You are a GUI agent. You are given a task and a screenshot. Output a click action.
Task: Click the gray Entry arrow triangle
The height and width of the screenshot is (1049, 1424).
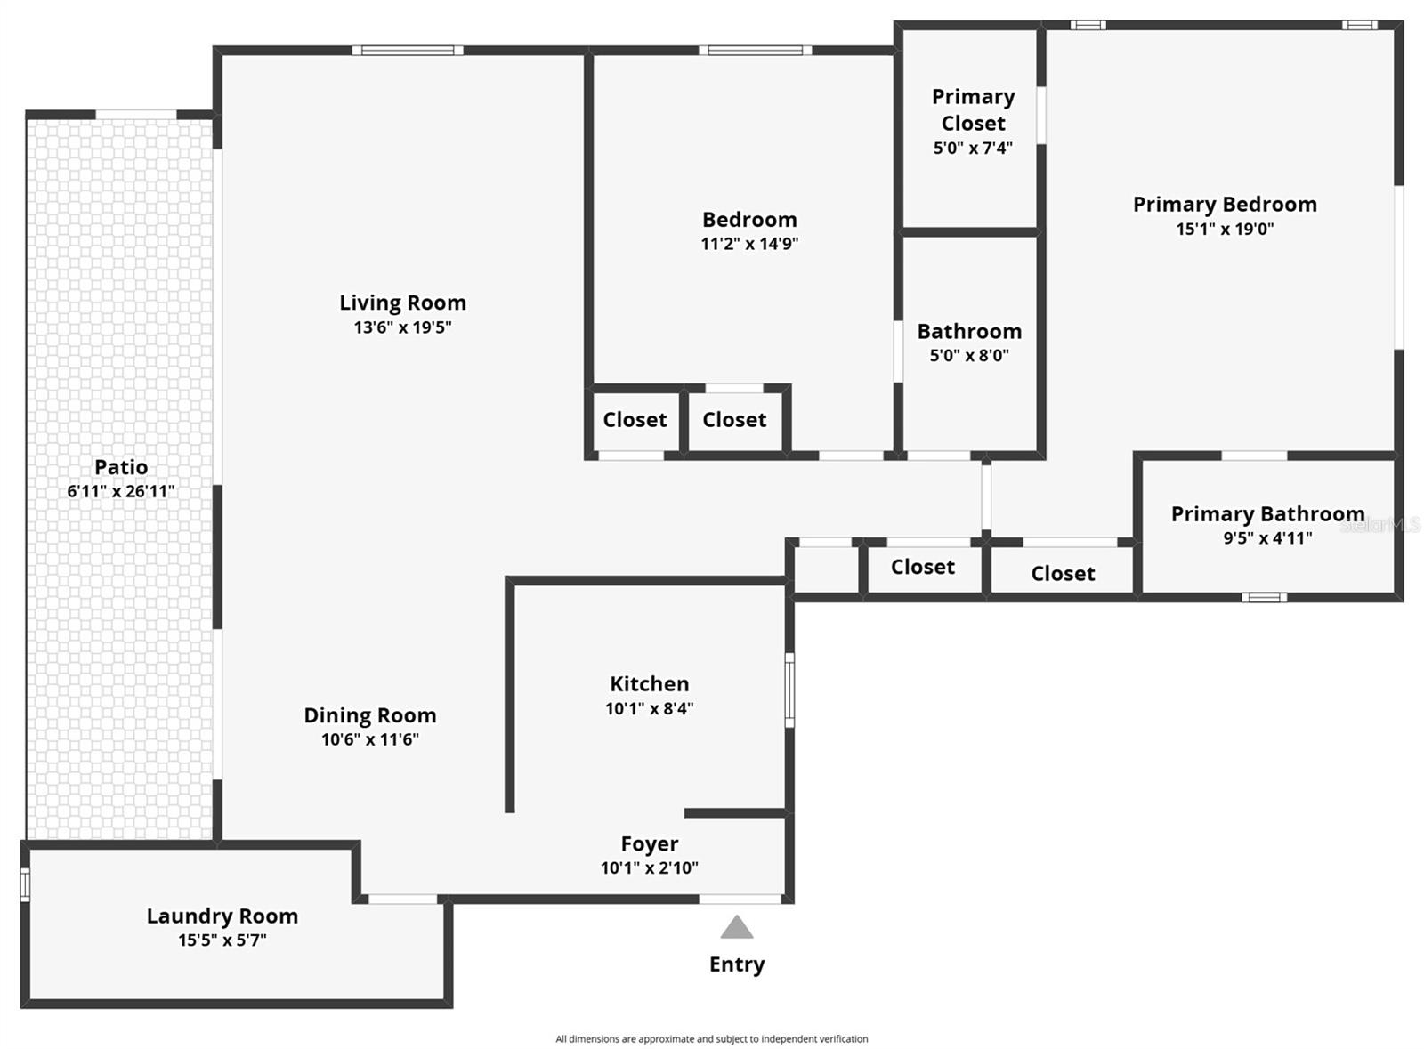[737, 930]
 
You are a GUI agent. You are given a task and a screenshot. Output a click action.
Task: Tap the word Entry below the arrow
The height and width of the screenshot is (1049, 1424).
[737, 964]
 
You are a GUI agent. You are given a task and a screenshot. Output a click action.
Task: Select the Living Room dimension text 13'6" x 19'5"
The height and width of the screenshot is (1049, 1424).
[402, 327]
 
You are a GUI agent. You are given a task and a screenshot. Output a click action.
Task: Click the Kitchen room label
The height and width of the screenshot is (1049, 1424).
[649, 684]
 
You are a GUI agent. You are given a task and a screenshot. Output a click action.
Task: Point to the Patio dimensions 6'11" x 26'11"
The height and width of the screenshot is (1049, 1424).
[121, 491]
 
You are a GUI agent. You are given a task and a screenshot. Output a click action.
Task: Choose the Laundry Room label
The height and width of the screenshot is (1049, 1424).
[222, 916]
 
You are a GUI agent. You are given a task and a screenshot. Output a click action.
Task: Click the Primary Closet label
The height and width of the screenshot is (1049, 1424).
[973, 109]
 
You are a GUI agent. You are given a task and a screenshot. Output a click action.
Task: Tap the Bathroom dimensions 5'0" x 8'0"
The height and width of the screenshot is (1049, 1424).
[969, 356]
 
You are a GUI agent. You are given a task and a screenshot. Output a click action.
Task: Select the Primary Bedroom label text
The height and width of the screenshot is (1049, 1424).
[1225, 205]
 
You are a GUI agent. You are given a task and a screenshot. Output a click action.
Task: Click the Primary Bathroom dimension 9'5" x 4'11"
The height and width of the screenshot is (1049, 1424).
[1267, 538]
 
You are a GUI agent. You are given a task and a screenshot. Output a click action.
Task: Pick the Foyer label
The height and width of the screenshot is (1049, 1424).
[649, 843]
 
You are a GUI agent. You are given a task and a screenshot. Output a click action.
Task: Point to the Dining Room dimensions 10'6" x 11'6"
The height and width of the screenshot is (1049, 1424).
[369, 739]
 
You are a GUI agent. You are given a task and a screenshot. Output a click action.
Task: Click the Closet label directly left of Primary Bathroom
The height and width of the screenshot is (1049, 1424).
[1063, 574]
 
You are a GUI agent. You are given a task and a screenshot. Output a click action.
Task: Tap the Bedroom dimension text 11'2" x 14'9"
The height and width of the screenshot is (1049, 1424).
[749, 244]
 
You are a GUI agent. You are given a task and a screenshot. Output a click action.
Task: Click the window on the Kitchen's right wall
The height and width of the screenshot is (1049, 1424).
[789, 690]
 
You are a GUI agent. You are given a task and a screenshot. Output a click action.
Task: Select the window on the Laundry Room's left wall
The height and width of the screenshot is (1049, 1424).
[25, 884]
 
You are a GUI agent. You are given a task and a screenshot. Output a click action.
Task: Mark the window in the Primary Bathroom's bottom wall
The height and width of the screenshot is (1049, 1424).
[1264, 597]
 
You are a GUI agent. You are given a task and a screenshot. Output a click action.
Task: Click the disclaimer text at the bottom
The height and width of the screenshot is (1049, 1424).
[711, 1038]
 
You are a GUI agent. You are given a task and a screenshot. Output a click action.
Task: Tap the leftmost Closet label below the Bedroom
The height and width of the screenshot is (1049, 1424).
[635, 420]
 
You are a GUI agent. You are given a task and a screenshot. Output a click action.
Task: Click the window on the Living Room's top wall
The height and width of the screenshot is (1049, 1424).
[408, 51]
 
